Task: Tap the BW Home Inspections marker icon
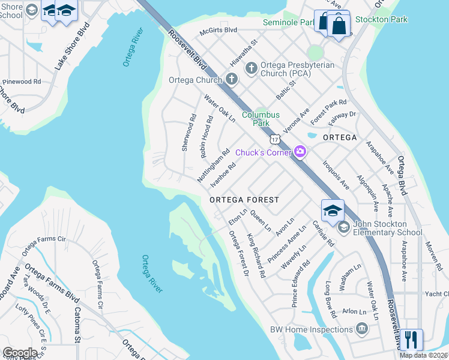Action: pos(362,329)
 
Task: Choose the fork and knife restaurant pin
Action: pos(412,340)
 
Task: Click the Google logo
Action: pos(20,353)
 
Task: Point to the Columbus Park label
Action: pos(261,119)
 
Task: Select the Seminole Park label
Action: pos(289,23)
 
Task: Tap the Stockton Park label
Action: pos(381,19)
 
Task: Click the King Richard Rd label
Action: pos(256,256)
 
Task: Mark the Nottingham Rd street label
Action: pos(213,165)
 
